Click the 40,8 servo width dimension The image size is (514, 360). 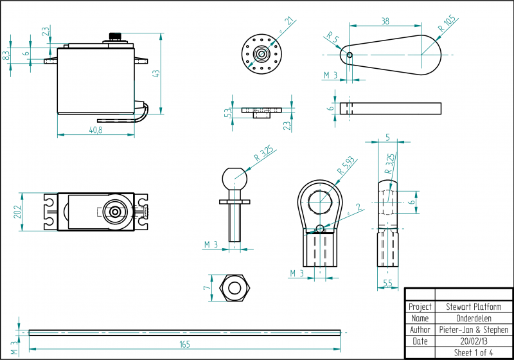coord(96,130)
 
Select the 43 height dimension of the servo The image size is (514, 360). coord(157,73)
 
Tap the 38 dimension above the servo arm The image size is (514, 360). coord(385,21)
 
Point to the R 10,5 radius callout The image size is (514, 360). coord(447,23)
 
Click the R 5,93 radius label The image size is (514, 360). coord(346,166)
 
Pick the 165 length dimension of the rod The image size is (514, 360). coord(184,345)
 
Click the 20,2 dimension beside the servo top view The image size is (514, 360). coord(17,212)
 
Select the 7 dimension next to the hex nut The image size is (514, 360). coord(206,288)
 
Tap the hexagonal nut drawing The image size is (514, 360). coord(235,288)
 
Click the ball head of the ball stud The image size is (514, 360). coord(235,178)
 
